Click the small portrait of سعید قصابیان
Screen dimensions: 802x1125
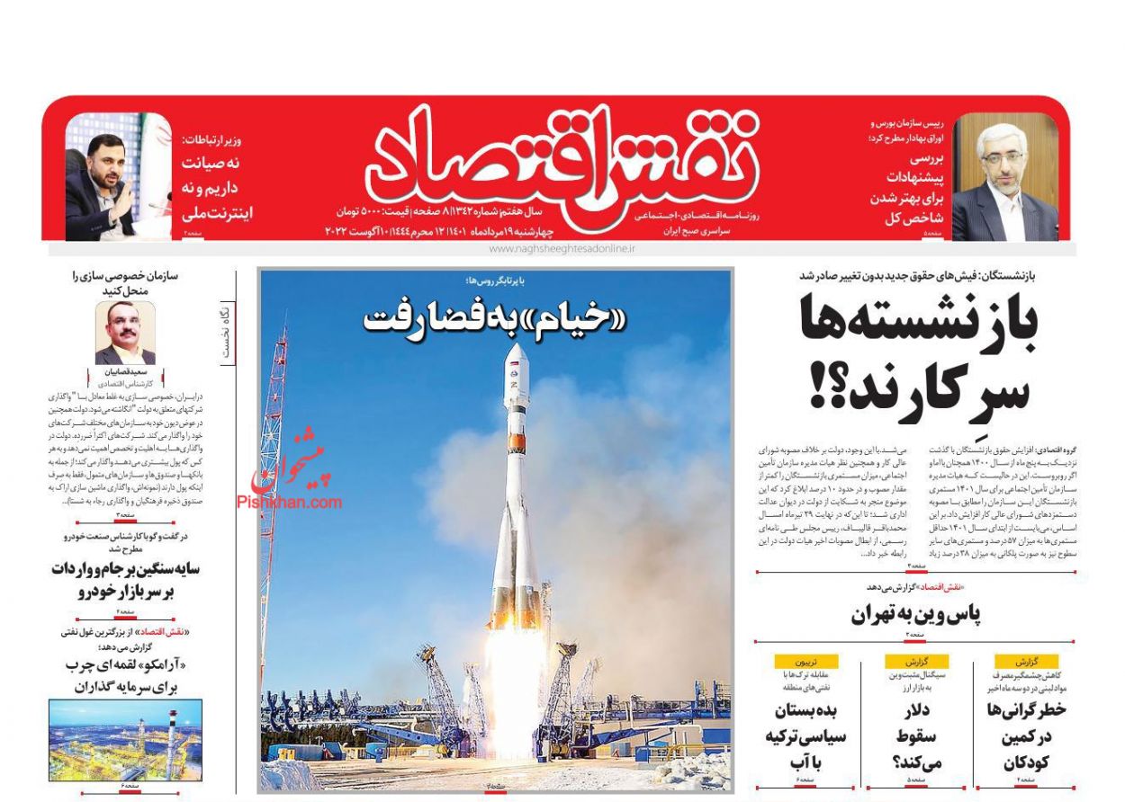click(125, 333)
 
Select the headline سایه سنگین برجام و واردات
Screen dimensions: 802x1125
click(125, 580)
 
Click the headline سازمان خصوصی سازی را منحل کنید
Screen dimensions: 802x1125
click(126, 283)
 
